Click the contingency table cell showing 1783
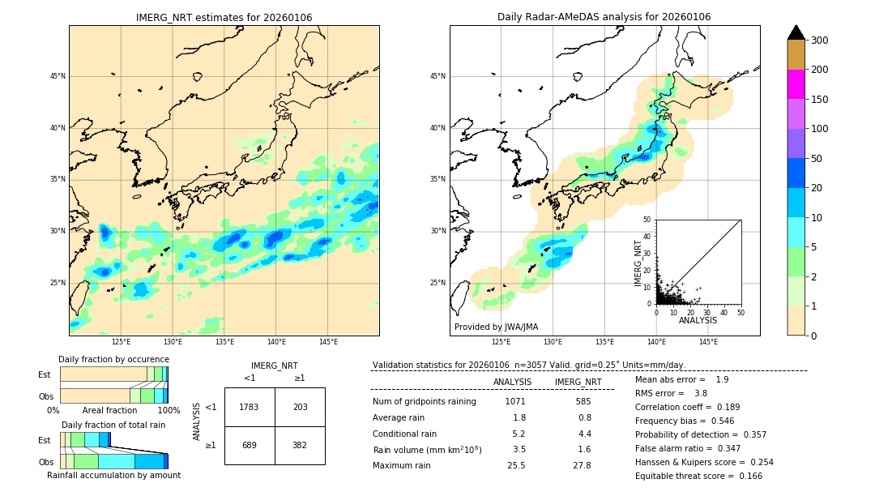point(249,407)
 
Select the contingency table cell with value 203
point(300,407)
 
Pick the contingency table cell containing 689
point(249,445)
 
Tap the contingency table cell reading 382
point(300,445)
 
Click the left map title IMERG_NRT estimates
point(224,18)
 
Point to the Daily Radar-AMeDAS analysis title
point(604,17)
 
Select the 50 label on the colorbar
point(819,159)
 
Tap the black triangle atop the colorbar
point(796,32)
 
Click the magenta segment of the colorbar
point(796,84)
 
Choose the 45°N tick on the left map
point(58,76)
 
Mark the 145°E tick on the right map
point(708,342)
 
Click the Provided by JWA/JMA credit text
point(496,327)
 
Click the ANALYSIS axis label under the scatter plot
point(698,320)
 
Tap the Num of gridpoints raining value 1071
point(515,401)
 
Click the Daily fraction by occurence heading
point(113,359)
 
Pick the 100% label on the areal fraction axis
point(169,410)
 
